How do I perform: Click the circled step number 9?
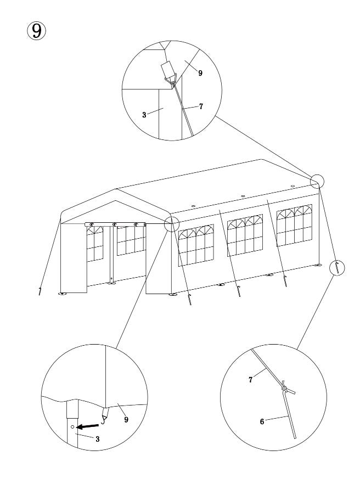tap(36, 31)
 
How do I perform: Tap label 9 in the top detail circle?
tap(200, 73)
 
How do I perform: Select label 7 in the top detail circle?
tap(201, 106)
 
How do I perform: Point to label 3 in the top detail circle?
tap(144, 115)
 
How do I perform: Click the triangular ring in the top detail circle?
tap(172, 78)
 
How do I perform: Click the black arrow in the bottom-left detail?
tap(87, 426)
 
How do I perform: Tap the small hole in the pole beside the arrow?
tap(72, 426)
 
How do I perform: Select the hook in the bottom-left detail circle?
tap(105, 414)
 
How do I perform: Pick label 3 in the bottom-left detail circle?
tap(98, 439)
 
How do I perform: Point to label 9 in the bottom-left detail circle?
tap(126, 419)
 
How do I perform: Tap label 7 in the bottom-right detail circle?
tap(250, 379)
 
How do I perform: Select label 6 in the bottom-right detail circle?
tap(262, 421)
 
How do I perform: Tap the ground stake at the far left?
tap(40, 291)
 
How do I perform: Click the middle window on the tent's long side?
tap(245, 235)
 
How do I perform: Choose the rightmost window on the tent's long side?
tap(294, 226)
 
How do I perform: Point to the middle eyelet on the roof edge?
tap(243, 196)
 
